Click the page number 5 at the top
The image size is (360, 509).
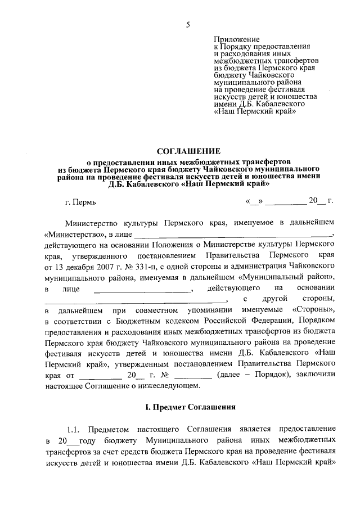188,24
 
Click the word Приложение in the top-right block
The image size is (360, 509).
237,39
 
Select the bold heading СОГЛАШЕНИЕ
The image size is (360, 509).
188,150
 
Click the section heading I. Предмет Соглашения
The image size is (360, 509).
188,406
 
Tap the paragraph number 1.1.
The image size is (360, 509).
76,429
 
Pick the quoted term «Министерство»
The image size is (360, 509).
72,233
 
